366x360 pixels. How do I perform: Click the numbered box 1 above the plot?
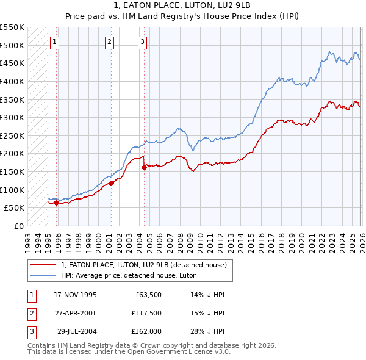click(55, 42)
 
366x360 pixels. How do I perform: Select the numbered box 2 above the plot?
click(109, 42)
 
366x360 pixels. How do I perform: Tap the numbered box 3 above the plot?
click(142, 42)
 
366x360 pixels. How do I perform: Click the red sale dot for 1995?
click(56, 203)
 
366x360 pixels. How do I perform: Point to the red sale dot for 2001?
click(111, 183)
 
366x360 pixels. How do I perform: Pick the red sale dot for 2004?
click(144, 167)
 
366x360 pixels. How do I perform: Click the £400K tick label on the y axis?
click(12, 81)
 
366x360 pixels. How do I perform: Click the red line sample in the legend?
click(43, 265)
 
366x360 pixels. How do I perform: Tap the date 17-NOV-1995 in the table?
click(75, 295)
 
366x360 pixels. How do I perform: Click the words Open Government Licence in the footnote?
click(177, 351)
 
